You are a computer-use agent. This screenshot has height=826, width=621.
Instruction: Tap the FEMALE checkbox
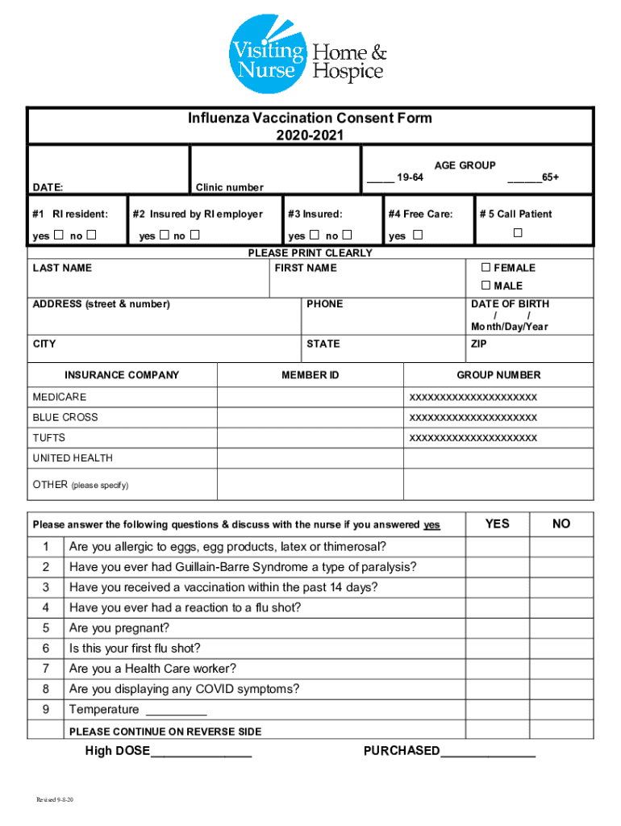click(486, 268)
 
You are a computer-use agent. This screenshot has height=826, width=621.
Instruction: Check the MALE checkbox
click(486, 286)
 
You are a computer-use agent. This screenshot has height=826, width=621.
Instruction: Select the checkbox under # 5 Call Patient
click(518, 233)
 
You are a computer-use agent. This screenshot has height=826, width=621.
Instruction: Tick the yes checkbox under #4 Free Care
click(417, 236)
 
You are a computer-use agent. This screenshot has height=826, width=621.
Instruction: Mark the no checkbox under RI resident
click(91, 236)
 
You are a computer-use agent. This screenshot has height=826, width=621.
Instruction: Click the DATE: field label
click(48, 187)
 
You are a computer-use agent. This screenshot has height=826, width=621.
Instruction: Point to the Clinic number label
click(229, 187)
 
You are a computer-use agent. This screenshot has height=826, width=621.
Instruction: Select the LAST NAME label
click(62, 268)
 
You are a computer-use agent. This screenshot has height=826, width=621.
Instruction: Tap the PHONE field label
click(324, 304)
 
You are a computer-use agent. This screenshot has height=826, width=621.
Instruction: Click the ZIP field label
click(478, 344)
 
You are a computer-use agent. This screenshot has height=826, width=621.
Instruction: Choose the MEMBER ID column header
click(310, 375)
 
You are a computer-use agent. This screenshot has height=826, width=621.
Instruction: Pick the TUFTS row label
click(49, 438)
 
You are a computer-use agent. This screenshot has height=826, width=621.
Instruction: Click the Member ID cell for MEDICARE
click(310, 398)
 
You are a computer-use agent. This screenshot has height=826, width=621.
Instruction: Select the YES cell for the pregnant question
click(497, 628)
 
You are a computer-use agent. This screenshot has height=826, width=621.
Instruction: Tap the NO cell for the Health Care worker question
click(561, 669)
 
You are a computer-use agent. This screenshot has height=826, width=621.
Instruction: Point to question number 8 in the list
click(46, 689)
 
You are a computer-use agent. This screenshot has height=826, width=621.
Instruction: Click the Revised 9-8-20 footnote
click(56, 799)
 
